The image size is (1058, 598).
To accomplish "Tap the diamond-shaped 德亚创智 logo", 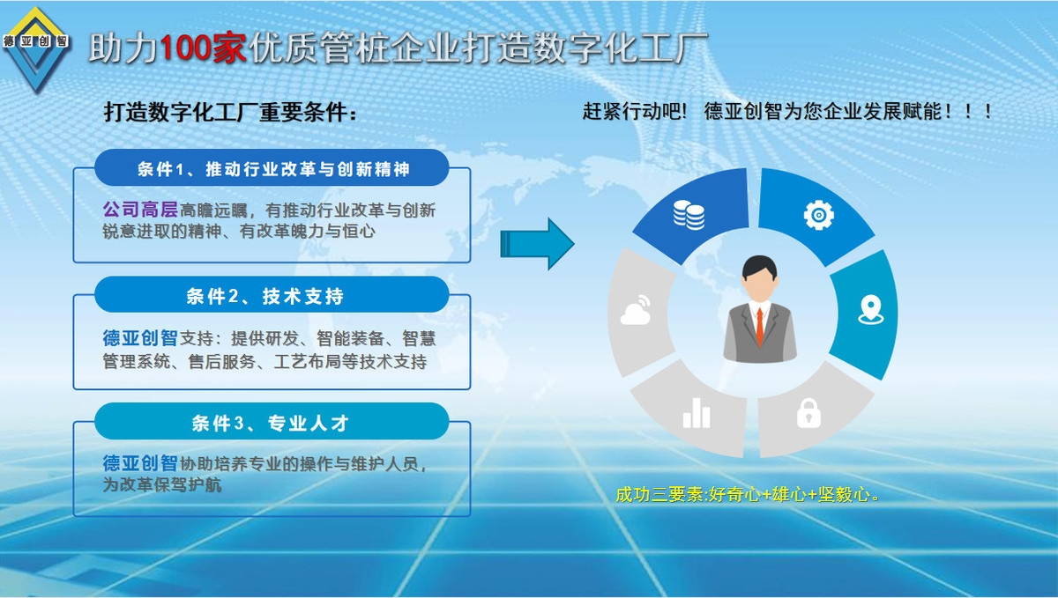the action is point(36,48).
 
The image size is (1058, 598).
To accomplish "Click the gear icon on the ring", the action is point(818,215).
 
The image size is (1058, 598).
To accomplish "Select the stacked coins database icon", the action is point(689,215).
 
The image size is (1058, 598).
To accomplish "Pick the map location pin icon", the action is point(870,310).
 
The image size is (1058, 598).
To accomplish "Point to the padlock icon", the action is point(808,413).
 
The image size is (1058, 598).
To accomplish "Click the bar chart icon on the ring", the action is point(697,413).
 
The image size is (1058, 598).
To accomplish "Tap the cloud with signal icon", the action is point(636,310).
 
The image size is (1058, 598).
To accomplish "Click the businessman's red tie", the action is point(759,327).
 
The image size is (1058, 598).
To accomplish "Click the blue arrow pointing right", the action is point(537,244).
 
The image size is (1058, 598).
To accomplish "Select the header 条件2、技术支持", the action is point(264,296).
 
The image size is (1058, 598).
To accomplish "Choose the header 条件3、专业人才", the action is point(270,423).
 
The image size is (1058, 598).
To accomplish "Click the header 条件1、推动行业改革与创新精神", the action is point(273,169).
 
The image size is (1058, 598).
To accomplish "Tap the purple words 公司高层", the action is point(140,210).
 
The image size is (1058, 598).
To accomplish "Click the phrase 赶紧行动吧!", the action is point(634,111).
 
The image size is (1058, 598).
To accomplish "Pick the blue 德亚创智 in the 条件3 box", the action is point(140,463).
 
